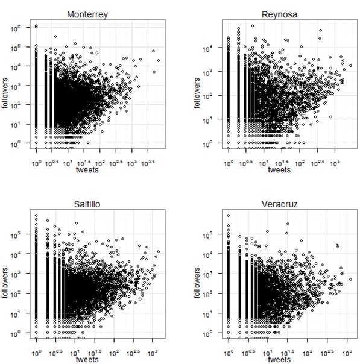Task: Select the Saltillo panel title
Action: click(87, 204)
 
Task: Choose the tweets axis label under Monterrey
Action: click(87, 171)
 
